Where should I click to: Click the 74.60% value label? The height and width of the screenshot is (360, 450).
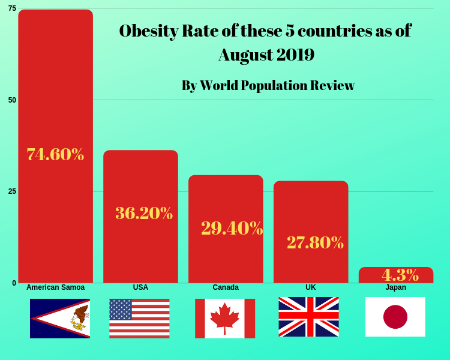click(55, 154)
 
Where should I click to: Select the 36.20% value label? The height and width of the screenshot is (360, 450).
click(144, 213)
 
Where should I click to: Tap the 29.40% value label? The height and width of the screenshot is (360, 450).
click(232, 228)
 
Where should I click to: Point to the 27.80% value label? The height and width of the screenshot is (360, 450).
click(315, 242)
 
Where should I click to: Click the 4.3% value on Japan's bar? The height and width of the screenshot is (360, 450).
click(400, 275)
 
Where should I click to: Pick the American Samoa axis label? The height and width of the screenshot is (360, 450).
click(55, 287)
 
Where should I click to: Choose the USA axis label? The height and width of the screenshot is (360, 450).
click(140, 287)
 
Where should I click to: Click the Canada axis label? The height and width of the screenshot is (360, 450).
click(226, 287)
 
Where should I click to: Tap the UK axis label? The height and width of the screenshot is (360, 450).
click(311, 287)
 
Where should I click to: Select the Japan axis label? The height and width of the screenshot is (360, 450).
click(396, 287)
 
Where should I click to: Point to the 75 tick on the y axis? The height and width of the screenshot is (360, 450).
click(12, 8)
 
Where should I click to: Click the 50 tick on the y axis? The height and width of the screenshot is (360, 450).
click(12, 100)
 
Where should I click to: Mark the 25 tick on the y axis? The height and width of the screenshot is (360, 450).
click(12, 191)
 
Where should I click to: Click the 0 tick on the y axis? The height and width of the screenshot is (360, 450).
click(14, 283)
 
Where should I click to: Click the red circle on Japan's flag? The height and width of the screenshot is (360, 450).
click(395, 317)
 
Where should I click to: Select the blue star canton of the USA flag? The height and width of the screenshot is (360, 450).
click(121, 309)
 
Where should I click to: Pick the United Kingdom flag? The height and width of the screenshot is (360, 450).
click(308, 317)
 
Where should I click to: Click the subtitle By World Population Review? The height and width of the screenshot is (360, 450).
click(268, 85)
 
